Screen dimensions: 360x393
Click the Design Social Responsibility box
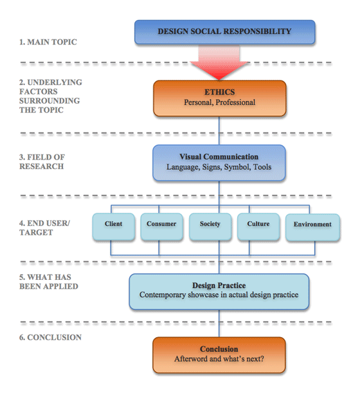pos(225,32)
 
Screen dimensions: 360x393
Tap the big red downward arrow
pos(219,62)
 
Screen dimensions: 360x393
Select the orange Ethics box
pos(220,98)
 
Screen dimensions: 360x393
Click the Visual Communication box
pos(219,163)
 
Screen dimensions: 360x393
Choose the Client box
pos(114,227)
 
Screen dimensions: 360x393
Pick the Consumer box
pos(161,227)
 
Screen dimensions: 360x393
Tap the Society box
pos(210,227)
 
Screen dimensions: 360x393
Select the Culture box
pos(258,227)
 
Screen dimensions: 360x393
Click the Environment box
pos(312,227)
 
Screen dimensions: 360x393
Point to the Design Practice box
pos(219,291)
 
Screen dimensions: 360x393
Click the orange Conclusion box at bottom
pos(219,355)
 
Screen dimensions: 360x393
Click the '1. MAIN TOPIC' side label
pos(48,42)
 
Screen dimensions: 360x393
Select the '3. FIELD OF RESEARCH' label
pos(42,161)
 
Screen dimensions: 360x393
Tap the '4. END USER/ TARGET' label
pos(44,228)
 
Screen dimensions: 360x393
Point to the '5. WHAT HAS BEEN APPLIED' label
pos(49,282)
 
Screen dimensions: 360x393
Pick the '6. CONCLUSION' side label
pos(50,337)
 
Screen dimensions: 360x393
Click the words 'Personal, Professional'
pos(220,102)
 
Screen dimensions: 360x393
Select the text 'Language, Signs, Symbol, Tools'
pos(219,167)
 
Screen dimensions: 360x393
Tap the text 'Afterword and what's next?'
pos(219,359)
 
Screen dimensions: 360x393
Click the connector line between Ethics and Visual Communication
pos(219,131)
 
